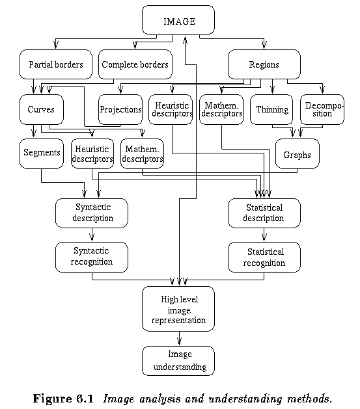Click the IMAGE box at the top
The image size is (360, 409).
click(x=178, y=20)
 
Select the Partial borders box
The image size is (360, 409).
click(x=56, y=64)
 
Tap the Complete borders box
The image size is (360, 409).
click(x=135, y=64)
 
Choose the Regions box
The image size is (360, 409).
click(x=264, y=64)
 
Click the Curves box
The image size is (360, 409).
click(x=42, y=109)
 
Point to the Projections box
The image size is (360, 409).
click(x=120, y=109)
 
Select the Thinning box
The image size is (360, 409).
click(x=271, y=109)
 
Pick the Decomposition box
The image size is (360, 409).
click(x=322, y=109)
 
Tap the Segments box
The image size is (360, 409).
click(x=42, y=153)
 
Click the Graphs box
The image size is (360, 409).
click(x=298, y=153)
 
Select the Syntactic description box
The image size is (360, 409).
click(x=92, y=213)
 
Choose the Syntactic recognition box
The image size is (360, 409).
click(x=92, y=257)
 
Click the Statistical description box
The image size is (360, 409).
click(x=264, y=213)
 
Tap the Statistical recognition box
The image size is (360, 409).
click(x=264, y=257)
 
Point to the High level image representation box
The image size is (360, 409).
click(x=178, y=309)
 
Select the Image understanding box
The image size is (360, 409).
click(x=178, y=361)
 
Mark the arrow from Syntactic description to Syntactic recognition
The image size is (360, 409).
click(x=92, y=235)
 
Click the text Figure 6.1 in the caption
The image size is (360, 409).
click(x=63, y=399)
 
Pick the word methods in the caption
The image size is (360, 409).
click(x=310, y=399)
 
